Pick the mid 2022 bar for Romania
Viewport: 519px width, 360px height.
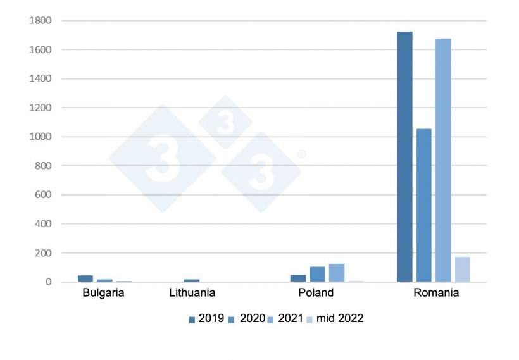tap(463, 269)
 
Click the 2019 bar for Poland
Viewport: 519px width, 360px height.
tap(297, 278)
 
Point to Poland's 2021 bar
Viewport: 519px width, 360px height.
tap(336, 273)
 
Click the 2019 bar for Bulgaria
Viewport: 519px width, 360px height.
tap(85, 278)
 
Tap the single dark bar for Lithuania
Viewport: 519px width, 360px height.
tap(191, 280)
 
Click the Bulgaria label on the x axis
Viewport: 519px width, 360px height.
tap(103, 293)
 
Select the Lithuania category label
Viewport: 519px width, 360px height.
tap(192, 293)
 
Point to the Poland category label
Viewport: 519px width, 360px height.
tap(316, 293)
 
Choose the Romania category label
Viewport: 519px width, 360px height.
tap(436, 293)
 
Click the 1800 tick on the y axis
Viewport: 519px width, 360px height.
tap(40, 21)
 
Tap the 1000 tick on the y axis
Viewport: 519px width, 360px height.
tap(40, 137)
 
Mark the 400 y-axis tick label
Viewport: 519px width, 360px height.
tap(42, 224)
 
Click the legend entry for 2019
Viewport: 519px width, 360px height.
tap(206, 318)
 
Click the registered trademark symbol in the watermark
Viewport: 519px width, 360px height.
tap(301, 154)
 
